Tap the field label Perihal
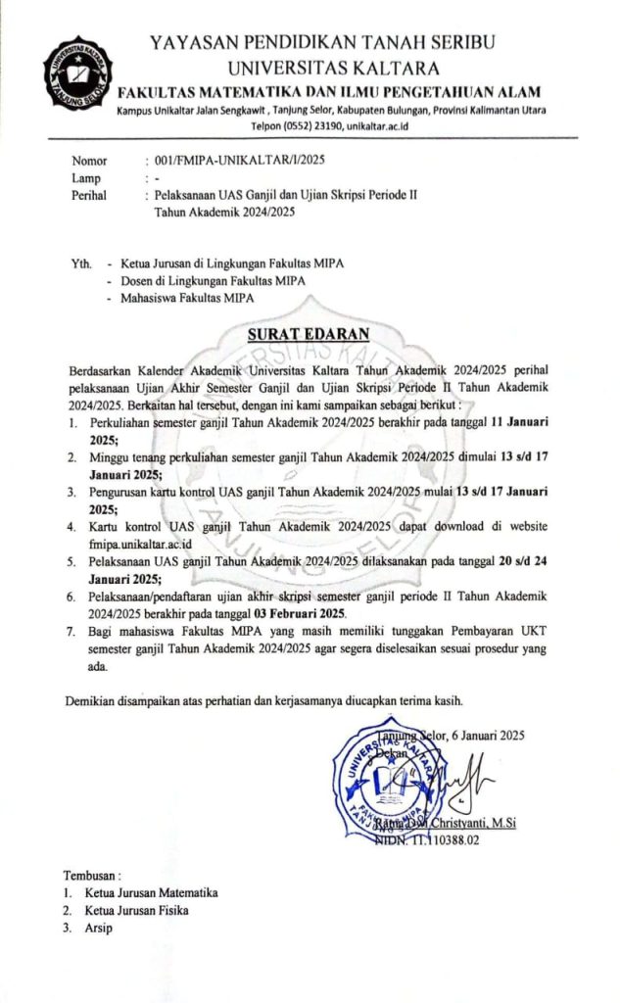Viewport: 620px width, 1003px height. [89, 195]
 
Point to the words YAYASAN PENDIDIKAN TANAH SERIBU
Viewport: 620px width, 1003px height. [322, 42]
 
